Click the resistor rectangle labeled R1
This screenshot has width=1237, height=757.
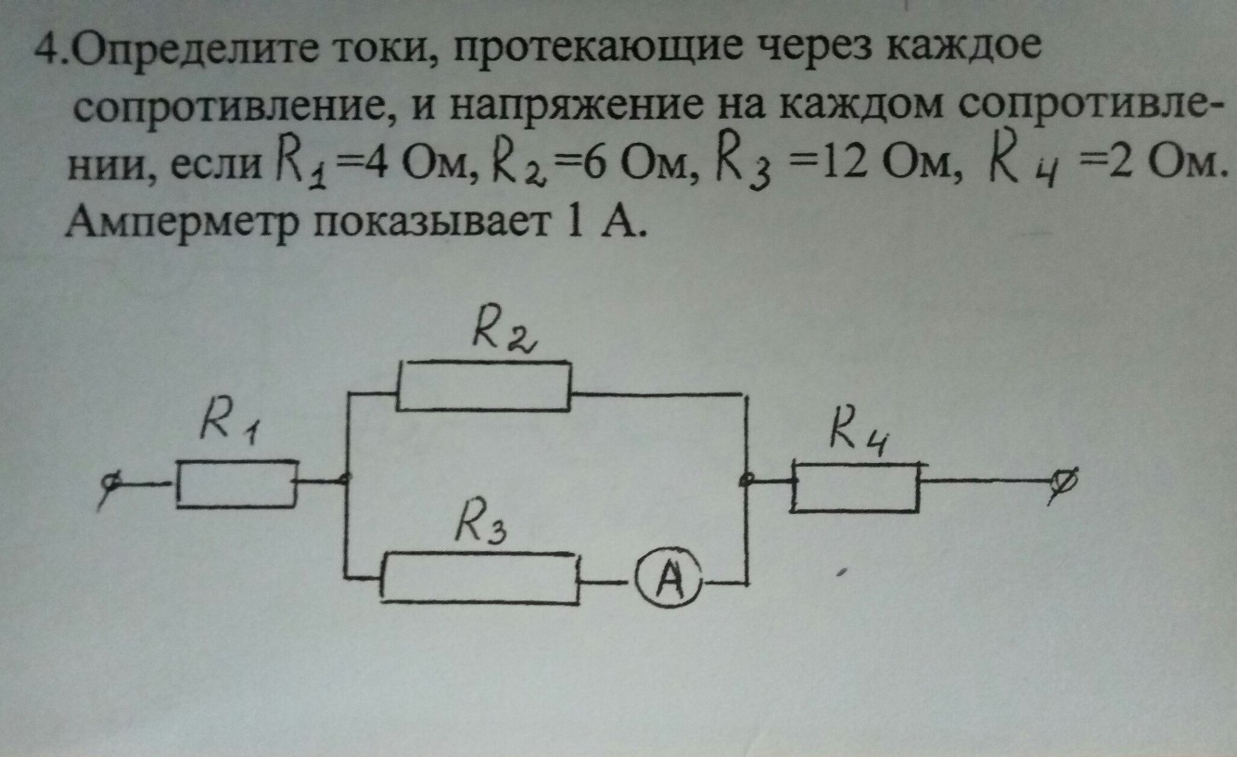pyautogui.click(x=236, y=483)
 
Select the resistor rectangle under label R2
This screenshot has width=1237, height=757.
pyautogui.click(x=483, y=385)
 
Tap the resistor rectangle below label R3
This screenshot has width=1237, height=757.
pyautogui.click(x=480, y=578)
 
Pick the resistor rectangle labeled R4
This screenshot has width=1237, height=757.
pyautogui.click(x=855, y=485)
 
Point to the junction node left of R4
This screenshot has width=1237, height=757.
pyautogui.click(x=747, y=481)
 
